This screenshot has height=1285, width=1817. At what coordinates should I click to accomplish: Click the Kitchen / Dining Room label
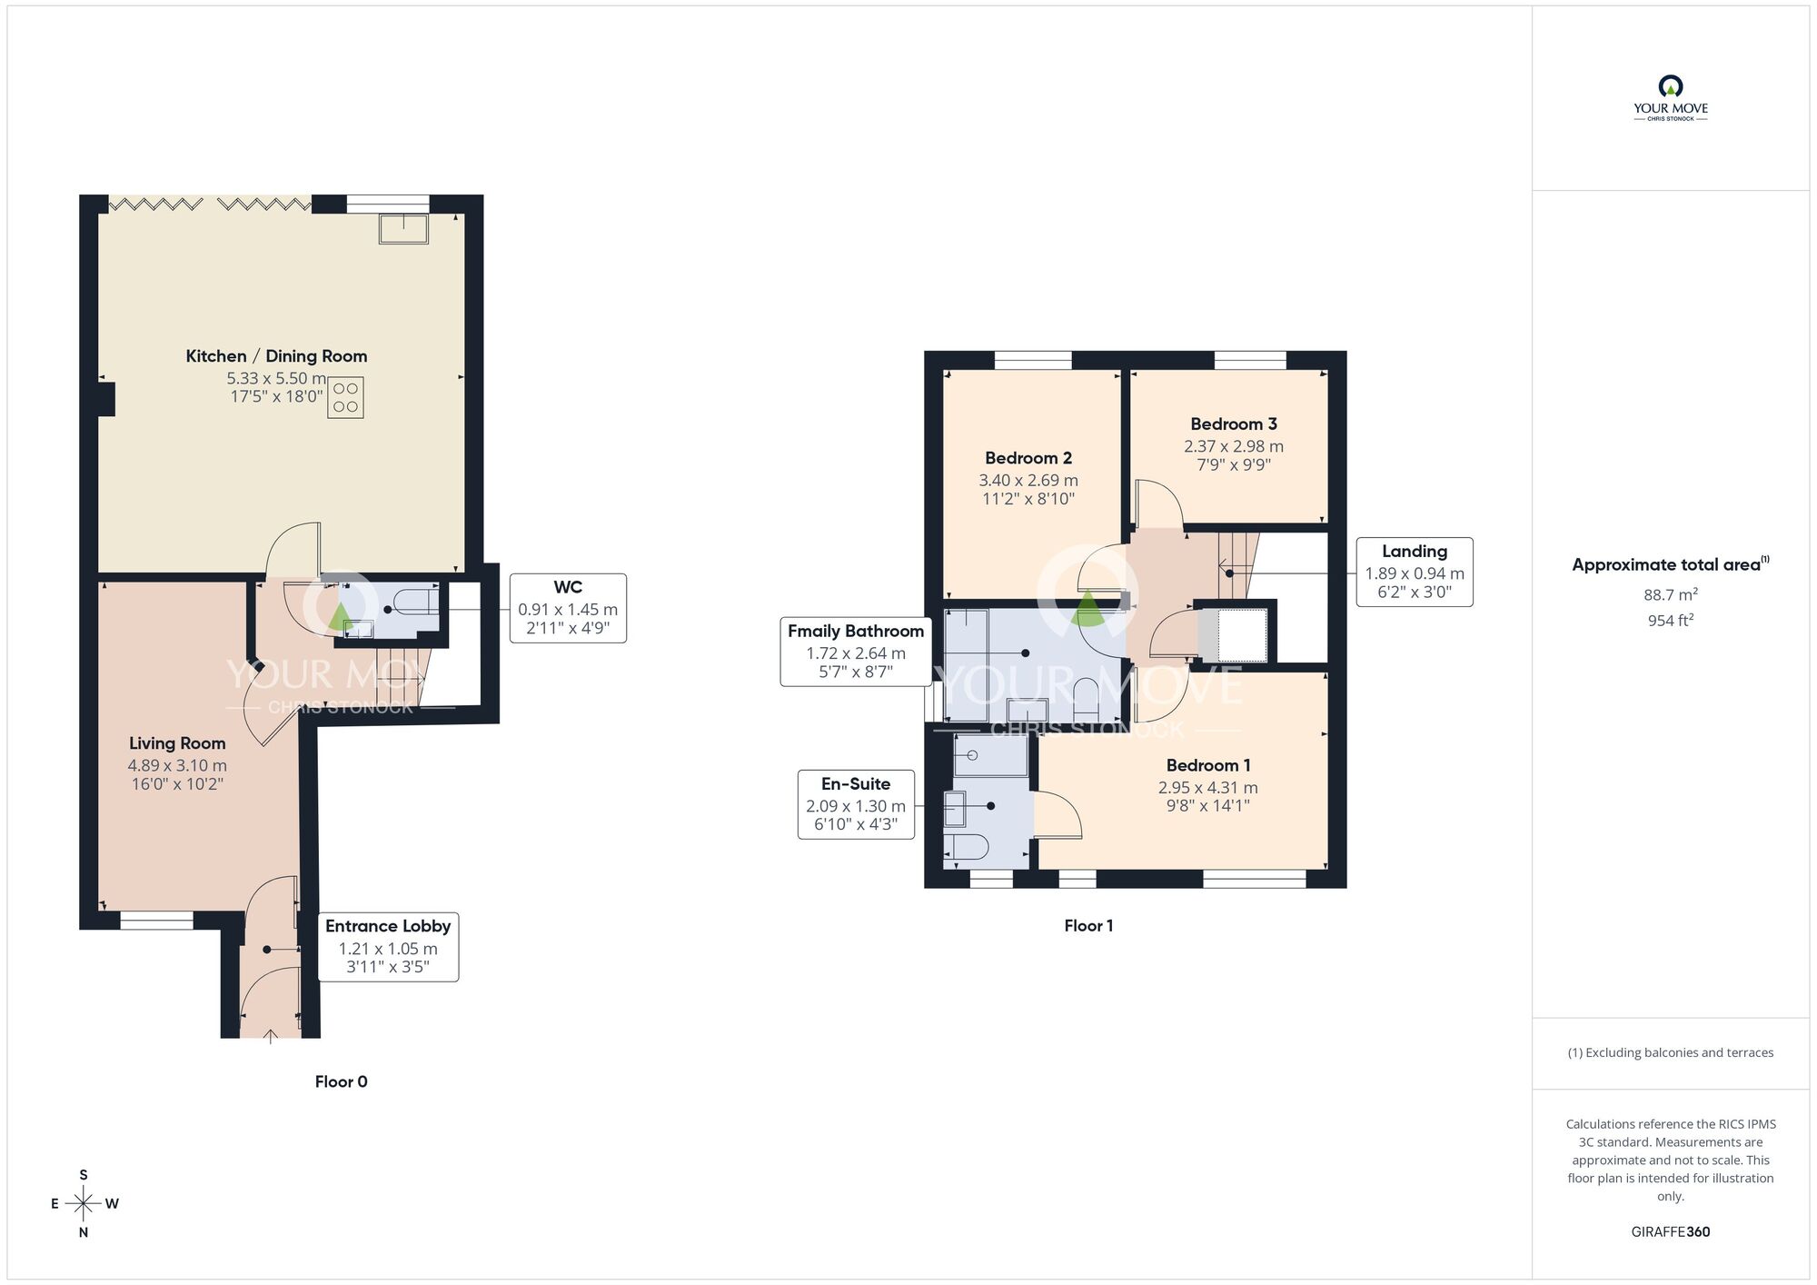pyautogui.click(x=276, y=356)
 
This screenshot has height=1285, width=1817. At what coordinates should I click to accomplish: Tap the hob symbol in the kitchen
pyautogui.click(x=345, y=397)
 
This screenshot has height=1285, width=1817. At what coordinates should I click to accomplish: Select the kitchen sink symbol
pyautogui.click(x=403, y=229)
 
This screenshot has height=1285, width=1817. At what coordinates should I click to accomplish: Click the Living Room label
pyautogui.click(x=177, y=743)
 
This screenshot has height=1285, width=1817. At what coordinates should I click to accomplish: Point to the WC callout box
pyautogui.click(x=568, y=608)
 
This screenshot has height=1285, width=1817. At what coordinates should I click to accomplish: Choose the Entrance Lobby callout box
pyautogui.click(x=388, y=947)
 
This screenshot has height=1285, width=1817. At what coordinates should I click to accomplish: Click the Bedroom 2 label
pyautogui.click(x=1028, y=458)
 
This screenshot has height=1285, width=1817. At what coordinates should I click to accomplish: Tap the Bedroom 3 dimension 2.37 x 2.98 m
pyautogui.click(x=1234, y=446)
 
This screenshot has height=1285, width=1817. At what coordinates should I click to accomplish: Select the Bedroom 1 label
pyautogui.click(x=1208, y=765)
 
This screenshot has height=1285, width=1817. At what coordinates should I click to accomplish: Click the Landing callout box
pyautogui.click(x=1415, y=572)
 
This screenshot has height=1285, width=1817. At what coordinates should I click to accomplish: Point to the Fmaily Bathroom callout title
pyautogui.click(x=856, y=631)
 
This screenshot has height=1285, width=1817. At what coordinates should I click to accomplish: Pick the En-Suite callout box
pyautogui.click(x=856, y=804)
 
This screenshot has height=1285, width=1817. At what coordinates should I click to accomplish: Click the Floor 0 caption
pyautogui.click(x=342, y=1081)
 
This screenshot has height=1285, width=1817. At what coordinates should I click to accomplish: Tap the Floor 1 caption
pyautogui.click(x=1088, y=925)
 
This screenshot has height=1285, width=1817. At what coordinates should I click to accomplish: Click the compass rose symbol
pyautogui.click(x=84, y=1204)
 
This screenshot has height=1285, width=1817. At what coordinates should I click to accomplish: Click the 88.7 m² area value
pyautogui.click(x=1671, y=595)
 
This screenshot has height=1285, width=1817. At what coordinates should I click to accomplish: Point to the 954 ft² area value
pyautogui.click(x=1671, y=621)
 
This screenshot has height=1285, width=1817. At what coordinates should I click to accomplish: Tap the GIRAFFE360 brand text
pyautogui.click(x=1671, y=1232)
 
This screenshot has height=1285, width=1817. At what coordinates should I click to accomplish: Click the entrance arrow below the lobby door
pyautogui.click(x=270, y=1037)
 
